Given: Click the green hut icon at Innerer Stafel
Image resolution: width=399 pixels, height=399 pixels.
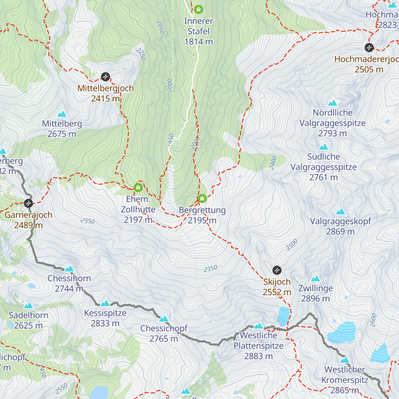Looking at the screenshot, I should [199, 9].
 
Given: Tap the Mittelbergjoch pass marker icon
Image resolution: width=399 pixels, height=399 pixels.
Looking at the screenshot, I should [105, 77].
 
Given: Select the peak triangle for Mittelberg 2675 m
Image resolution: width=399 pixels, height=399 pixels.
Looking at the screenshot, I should [62, 114].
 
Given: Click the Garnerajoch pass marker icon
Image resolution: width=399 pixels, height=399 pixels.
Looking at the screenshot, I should [29, 203].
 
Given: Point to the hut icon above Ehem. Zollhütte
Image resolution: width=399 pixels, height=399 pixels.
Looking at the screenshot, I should [138, 188].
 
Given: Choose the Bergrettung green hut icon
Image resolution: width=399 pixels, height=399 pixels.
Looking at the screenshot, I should [202, 199].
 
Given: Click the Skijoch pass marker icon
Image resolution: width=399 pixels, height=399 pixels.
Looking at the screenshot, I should [277, 270].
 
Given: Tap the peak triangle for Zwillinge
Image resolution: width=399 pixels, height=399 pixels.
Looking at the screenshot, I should [316, 278].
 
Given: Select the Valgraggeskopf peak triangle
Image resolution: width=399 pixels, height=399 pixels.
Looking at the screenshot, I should [340, 211].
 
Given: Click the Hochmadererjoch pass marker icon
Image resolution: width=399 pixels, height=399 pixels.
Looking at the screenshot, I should [369, 48].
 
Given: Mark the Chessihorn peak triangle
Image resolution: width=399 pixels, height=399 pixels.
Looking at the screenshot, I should [69, 268].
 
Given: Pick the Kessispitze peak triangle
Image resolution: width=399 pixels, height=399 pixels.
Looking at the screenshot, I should [105, 303].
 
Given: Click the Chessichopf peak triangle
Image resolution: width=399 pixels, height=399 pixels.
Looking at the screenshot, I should [164, 319].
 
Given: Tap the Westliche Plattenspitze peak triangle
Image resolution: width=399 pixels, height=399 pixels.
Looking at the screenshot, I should [258, 326].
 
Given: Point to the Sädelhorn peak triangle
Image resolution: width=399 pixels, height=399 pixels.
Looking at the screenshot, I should [28, 305].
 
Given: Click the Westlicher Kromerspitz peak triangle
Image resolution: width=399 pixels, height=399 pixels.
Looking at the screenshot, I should [345, 360].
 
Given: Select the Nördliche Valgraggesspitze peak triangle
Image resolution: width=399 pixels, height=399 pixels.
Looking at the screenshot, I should [332, 103].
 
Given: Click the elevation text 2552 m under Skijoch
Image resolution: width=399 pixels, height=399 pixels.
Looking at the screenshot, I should [277, 292].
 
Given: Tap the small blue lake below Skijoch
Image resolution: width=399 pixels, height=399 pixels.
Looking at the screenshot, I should [284, 316].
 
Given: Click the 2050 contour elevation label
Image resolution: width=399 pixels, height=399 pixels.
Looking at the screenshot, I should [161, 28].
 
